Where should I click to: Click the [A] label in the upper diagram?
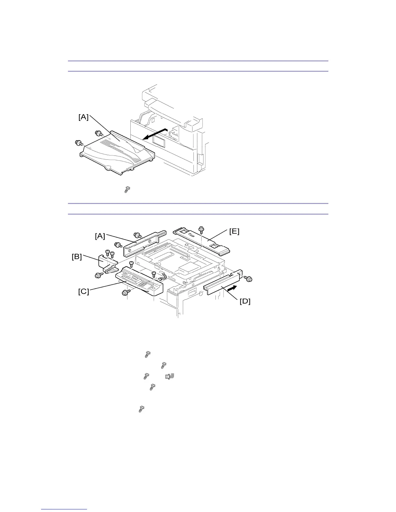83,117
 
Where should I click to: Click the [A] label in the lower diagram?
100,236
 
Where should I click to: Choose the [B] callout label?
77,257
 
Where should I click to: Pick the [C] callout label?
83,291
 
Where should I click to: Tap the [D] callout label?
245,301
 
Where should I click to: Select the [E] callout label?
234,231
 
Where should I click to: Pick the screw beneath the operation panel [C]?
125,293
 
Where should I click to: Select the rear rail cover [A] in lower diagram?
144,243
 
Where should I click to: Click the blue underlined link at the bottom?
64,509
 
